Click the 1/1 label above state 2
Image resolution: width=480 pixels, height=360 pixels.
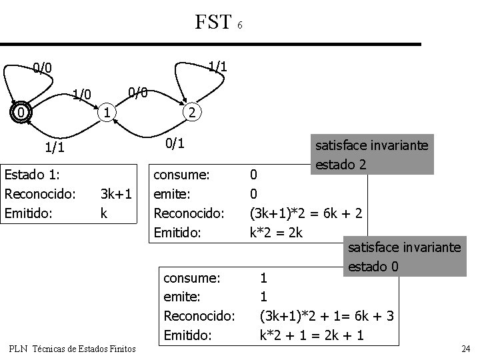(217, 67)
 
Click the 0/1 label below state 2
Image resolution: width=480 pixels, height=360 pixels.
(175, 143)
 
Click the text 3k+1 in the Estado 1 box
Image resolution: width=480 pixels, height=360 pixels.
(116, 194)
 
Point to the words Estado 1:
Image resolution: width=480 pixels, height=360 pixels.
(33, 175)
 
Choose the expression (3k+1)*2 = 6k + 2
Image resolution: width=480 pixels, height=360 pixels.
(306, 214)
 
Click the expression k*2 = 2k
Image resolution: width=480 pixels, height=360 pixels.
(275, 233)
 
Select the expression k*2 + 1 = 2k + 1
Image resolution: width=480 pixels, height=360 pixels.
(311, 335)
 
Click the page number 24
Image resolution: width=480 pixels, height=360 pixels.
(465, 349)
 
